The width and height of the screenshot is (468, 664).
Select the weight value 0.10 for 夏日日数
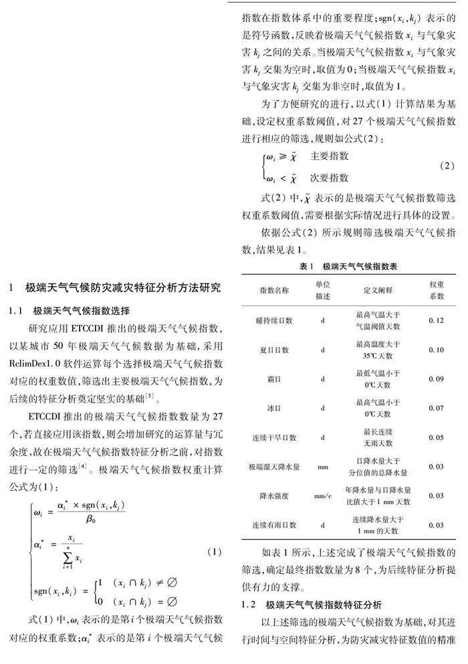click(436, 350)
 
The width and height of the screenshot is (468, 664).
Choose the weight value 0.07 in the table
click(436, 408)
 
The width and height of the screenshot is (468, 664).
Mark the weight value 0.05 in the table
click(436, 437)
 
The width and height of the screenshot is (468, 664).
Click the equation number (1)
click(214, 552)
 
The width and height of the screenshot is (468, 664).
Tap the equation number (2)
click(447, 165)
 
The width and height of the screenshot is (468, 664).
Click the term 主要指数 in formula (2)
click(330, 155)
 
